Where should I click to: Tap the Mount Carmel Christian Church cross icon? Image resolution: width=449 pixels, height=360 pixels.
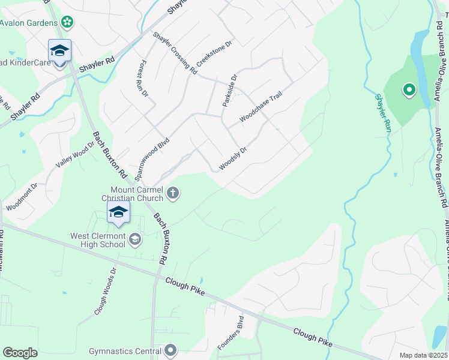point(173,193)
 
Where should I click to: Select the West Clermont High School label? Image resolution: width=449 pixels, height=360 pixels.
point(98,240)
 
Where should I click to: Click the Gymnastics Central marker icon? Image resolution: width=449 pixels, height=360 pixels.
point(171,350)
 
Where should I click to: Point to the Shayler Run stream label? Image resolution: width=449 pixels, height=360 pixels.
point(383,113)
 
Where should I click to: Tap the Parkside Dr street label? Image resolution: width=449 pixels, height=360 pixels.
point(231,91)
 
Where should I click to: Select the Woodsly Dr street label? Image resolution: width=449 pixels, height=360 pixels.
point(233,158)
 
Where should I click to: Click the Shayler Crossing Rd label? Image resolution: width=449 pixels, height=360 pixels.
point(175,53)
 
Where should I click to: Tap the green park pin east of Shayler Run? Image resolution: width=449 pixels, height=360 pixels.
point(409,91)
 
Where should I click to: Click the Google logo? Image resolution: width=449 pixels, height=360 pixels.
point(20,352)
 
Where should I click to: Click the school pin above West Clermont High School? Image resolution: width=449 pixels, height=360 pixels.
point(119,212)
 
